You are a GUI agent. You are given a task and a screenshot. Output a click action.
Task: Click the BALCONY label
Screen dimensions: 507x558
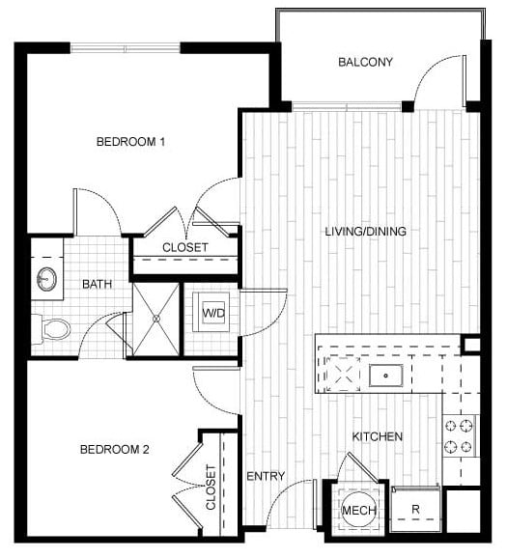click(x=365, y=63)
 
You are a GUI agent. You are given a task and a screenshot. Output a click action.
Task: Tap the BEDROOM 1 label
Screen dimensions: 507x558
click(x=130, y=142)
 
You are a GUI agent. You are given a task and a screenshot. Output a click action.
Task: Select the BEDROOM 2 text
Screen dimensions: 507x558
click(x=114, y=450)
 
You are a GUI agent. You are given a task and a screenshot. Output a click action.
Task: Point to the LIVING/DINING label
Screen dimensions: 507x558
click(x=366, y=232)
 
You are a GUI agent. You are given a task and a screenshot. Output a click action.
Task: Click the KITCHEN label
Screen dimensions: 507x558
click(x=378, y=436)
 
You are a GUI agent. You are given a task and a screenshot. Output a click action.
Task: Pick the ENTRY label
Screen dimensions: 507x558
click(x=266, y=476)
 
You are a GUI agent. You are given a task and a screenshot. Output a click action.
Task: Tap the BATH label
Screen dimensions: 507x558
click(x=97, y=285)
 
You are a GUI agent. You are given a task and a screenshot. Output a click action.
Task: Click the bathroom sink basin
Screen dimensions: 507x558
click(x=47, y=279)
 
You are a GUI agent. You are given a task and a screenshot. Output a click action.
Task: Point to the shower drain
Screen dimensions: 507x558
click(x=156, y=319)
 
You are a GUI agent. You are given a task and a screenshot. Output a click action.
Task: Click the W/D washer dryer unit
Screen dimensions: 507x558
click(x=211, y=313)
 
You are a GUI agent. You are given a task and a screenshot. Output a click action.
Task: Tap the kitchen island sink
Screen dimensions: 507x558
click(x=386, y=376)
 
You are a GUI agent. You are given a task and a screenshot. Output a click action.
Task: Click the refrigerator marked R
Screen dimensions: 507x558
click(x=415, y=510)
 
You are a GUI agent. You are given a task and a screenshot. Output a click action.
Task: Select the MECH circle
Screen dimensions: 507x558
click(x=359, y=511)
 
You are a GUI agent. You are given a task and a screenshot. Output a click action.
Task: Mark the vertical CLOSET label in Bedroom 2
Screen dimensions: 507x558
click(x=211, y=488)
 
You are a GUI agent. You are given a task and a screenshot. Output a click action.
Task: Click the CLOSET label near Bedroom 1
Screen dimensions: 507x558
click(x=185, y=248)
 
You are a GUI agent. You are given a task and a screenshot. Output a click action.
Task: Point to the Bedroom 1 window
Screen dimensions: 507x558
click(x=125, y=47)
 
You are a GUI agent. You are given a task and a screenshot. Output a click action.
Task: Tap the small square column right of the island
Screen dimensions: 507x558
click(x=470, y=345)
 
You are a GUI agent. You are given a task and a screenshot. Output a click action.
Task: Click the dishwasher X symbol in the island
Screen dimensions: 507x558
click(x=343, y=374)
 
